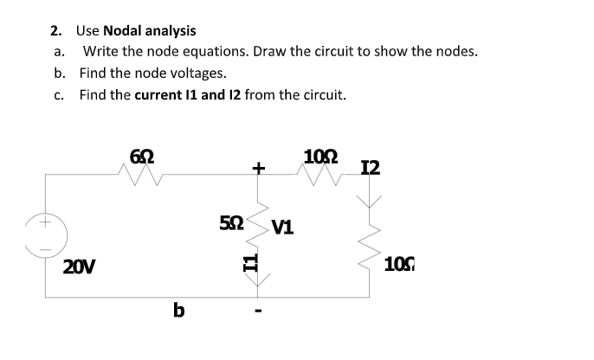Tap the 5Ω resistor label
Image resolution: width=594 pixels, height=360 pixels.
(x=231, y=222)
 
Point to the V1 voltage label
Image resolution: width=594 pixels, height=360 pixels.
(x=282, y=228)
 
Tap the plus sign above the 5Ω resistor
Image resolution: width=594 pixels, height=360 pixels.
(x=258, y=167)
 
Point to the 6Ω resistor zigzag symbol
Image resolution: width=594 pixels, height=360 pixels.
(x=142, y=176)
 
